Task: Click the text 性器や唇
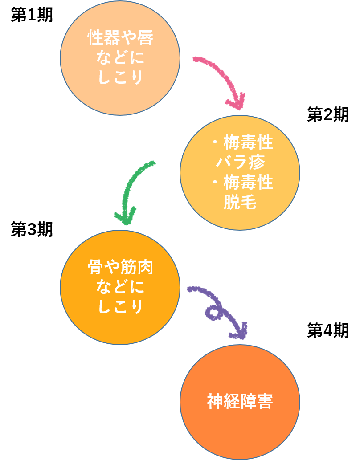(x=120, y=38)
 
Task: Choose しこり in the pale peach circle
(x=120, y=77)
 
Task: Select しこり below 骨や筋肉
(x=120, y=307)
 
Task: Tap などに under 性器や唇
(x=120, y=58)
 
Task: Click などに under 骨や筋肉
(x=120, y=287)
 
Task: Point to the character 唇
(x=145, y=38)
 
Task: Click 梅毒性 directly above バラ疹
(x=248, y=143)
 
